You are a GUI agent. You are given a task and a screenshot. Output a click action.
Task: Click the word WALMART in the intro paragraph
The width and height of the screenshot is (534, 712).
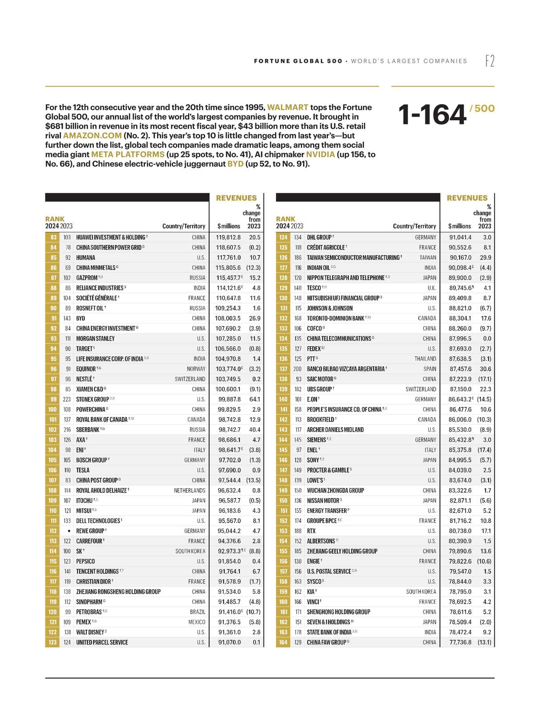[287, 107]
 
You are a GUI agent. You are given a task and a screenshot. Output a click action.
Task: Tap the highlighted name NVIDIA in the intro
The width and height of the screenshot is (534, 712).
[320, 154]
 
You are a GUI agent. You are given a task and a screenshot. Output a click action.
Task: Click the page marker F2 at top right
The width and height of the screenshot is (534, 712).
[489, 61]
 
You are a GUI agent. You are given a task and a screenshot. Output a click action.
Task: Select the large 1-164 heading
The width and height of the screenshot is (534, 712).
[432, 115]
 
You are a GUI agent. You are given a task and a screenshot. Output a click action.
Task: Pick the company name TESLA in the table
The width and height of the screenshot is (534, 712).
[83, 470]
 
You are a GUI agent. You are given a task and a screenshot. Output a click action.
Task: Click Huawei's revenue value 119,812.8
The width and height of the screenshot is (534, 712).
[229, 238]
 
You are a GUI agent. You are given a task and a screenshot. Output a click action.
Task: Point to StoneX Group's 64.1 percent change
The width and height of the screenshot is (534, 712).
[255, 400]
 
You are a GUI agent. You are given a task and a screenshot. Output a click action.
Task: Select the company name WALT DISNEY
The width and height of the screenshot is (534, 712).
[90, 632]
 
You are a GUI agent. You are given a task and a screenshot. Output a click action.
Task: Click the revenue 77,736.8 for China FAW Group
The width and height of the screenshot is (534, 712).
[460, 643]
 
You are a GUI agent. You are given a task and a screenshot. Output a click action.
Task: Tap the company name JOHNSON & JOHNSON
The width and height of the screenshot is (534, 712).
[330, 308]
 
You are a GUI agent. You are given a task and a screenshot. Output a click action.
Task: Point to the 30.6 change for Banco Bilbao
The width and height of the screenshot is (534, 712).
[485, 369]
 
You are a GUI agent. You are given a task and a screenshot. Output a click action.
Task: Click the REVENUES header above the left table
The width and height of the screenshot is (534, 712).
[236, 198]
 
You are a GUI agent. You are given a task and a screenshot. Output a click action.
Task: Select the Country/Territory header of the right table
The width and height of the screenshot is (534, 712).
[414, 227]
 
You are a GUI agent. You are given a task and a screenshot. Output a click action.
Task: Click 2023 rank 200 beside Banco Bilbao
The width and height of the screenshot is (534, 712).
[297, 369]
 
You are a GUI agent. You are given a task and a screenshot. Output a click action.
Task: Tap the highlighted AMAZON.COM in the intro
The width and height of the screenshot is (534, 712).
[92, 136]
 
